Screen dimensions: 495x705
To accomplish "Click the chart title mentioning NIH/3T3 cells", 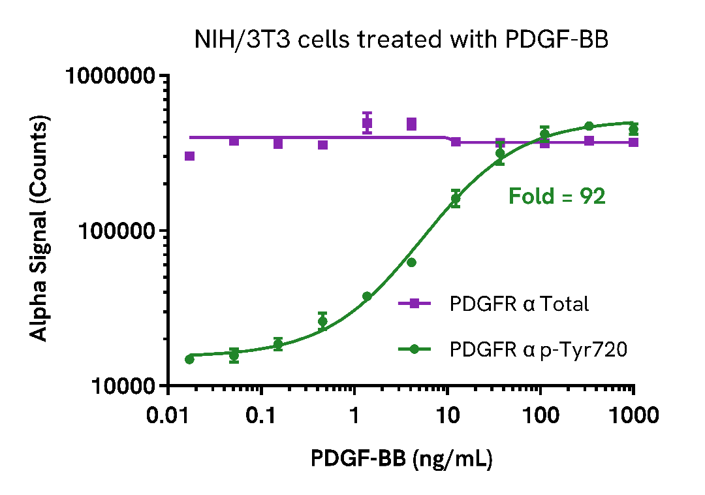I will coord(401,40).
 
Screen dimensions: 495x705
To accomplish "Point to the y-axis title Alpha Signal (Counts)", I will coord(40,230).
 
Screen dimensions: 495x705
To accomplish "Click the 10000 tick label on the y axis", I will coord(121,386).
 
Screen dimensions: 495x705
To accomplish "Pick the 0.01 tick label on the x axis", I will coord(168,415).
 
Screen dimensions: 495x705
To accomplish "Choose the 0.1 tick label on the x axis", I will coord(261,415).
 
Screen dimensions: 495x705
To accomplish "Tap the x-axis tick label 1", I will coord(354,415).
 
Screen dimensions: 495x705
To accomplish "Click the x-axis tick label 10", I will coord(447,415).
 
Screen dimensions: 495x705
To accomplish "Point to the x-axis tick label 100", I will coord(540,415).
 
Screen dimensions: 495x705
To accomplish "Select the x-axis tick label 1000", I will coord(632,415).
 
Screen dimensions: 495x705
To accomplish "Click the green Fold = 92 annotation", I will coord(557,196).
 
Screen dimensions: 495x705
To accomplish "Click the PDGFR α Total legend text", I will coord(519,304).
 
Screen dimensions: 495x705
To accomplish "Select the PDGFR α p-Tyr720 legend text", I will coord(539,349).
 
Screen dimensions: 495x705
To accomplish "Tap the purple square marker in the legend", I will coord(414,304).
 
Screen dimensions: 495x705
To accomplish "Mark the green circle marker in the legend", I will coord(414,349).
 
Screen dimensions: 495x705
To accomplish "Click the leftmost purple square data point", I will coord(190,156).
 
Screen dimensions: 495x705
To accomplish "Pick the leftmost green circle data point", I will coord(189,359).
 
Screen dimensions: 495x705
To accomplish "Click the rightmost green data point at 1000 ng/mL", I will coord(633,129).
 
